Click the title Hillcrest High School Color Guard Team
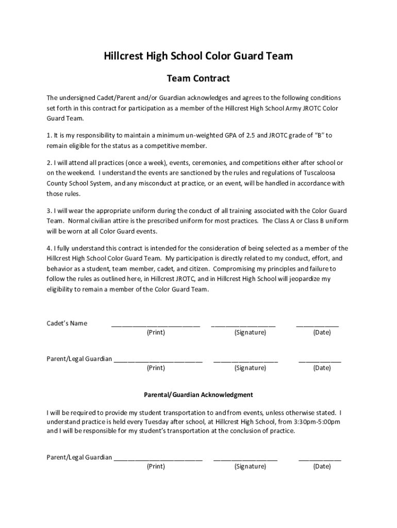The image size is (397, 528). [x=198, y=56]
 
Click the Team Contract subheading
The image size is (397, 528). [x=198, y=79]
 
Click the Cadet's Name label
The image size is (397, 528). [x=67, y=323]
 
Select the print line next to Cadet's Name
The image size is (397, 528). [x=155, y=325]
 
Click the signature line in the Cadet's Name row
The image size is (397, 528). [x=243, y=325]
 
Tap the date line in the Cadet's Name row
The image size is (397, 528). [x=317, y=325]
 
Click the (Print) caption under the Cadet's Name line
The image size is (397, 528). [x=156, y=333]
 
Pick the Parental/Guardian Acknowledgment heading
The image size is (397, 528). [x=198, y=395]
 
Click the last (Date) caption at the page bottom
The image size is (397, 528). [x=322, y=467]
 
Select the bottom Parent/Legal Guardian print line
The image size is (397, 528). [x=158, y=459]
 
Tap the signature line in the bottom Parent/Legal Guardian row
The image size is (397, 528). [x=245, y=459]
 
